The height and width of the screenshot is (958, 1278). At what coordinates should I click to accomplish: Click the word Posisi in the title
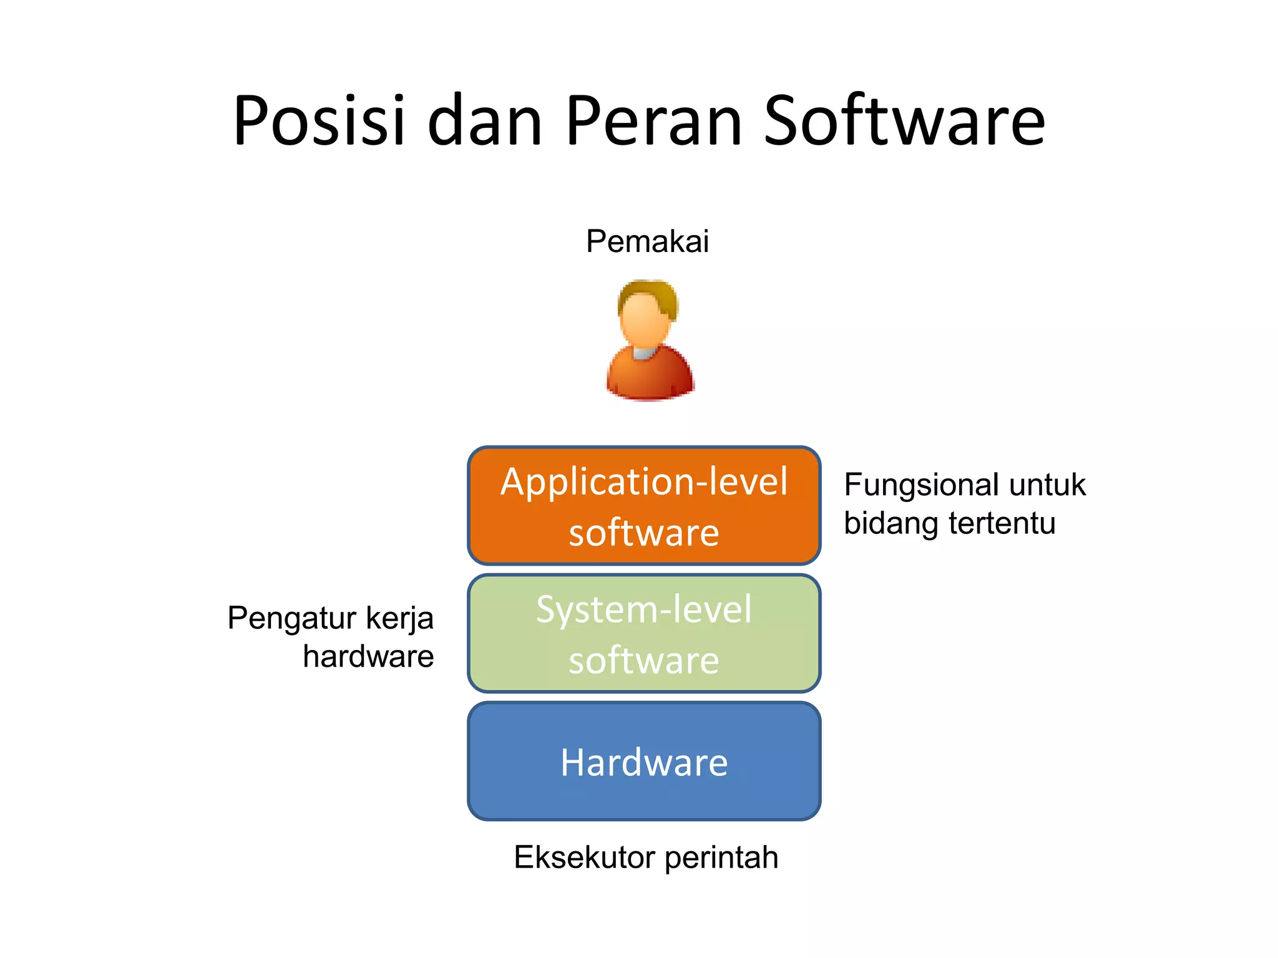pos(319,120)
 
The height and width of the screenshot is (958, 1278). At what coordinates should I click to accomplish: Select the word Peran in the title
pos(655,120)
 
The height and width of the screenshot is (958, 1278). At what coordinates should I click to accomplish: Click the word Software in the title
pos(904,120)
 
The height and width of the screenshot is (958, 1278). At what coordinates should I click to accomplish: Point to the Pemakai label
pos(647,241)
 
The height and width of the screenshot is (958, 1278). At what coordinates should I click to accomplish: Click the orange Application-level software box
pos(644,506)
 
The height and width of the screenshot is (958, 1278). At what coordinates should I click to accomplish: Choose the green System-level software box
pos(644,634)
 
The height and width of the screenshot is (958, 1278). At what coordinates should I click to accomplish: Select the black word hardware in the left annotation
pos(368,657)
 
